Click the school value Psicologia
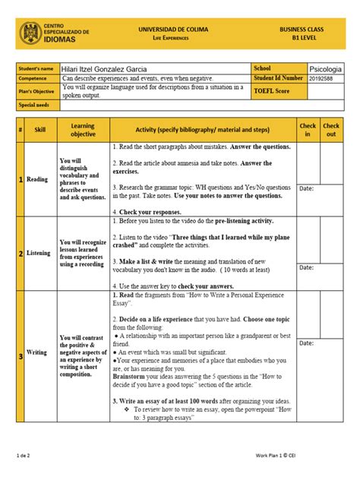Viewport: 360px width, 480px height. tap(326, 68)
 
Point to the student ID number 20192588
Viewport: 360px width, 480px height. tap(324, 77)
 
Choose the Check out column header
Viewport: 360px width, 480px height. tap(332, 129)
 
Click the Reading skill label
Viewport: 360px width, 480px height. tap(37, 179)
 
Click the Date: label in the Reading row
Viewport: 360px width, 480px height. tap(306, 188)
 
